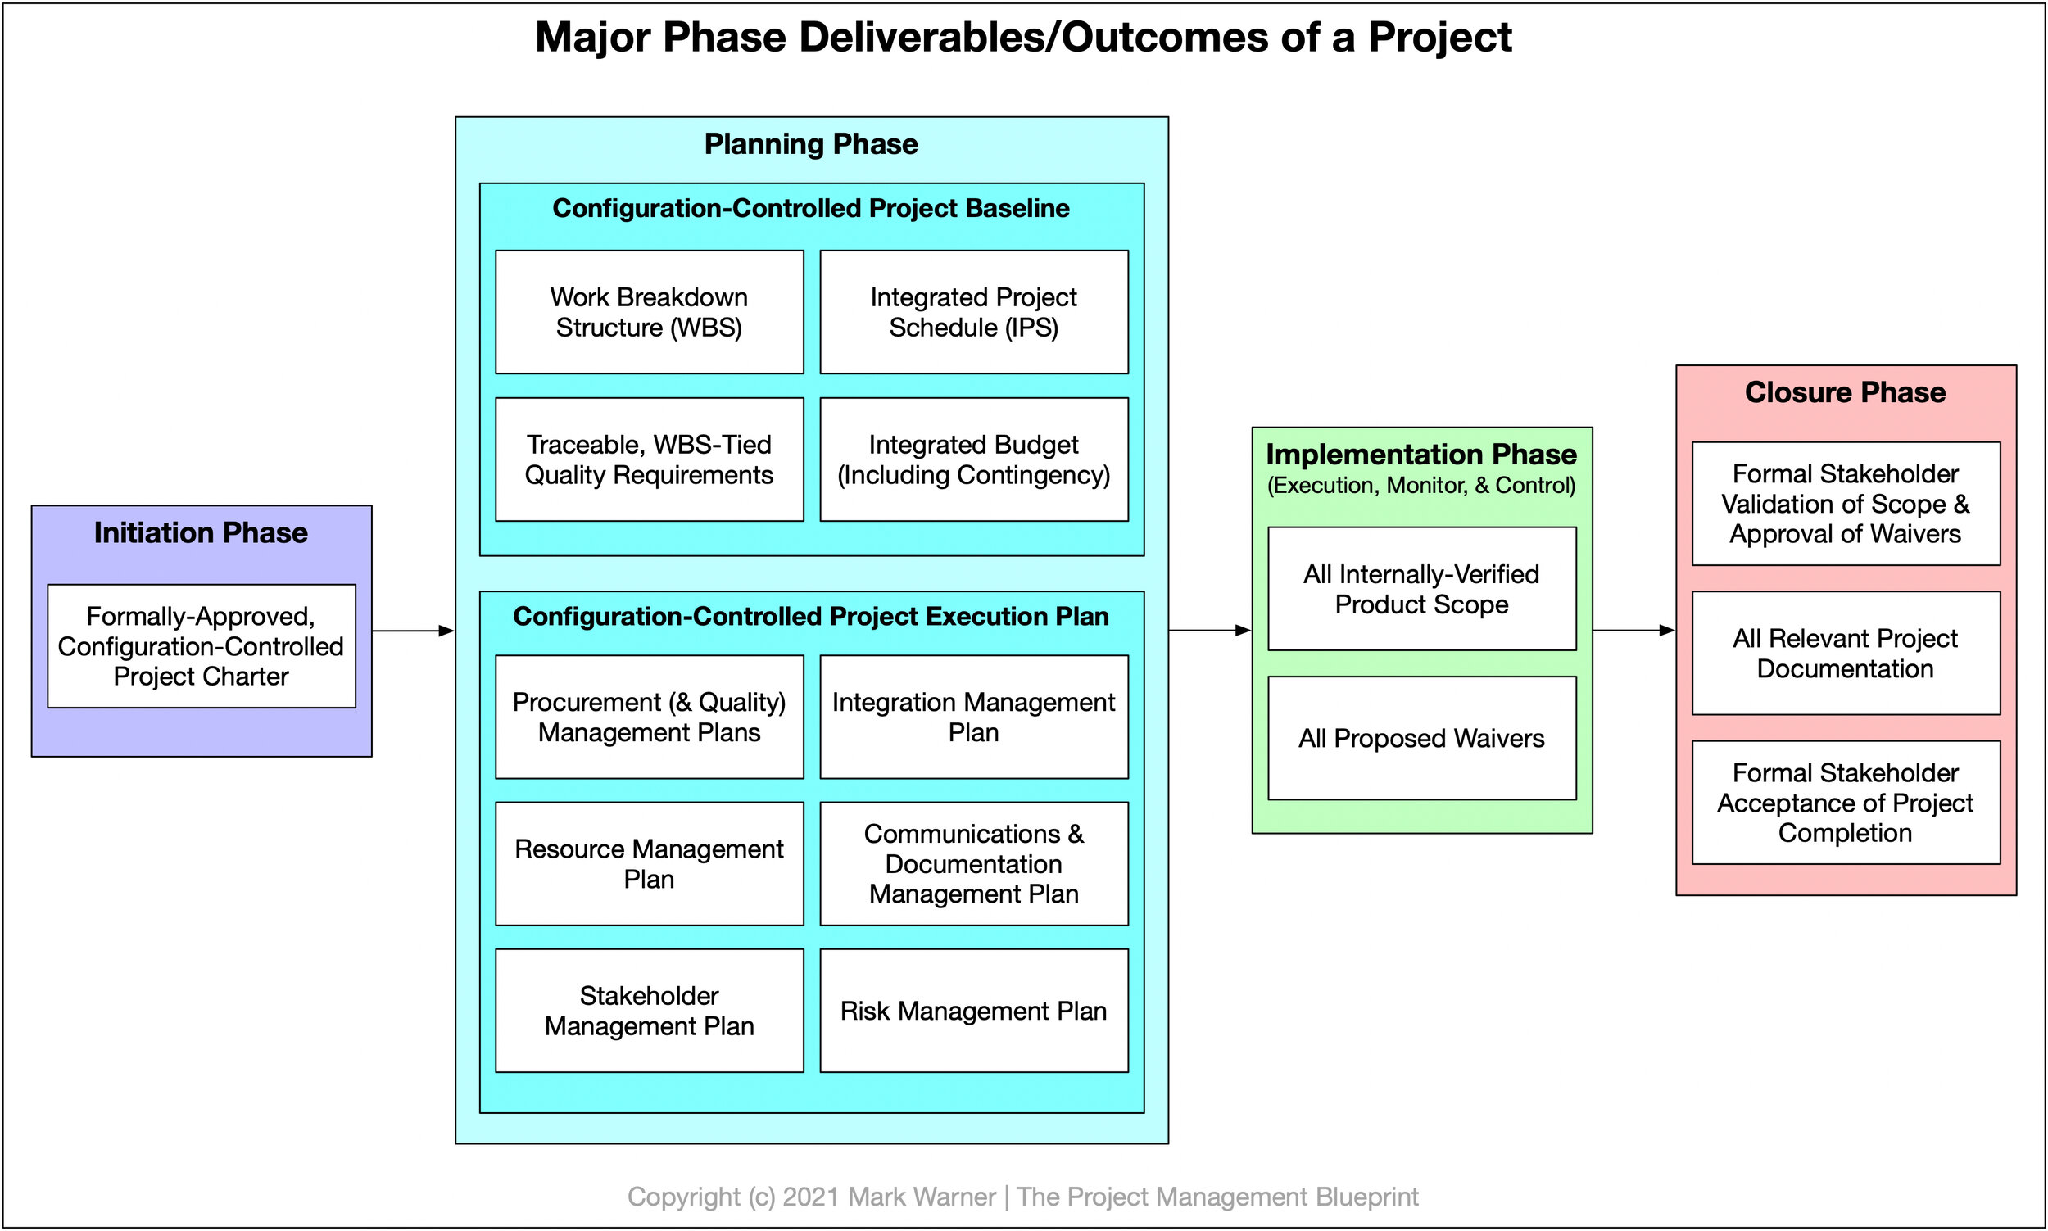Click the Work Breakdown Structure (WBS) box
click(649, 312)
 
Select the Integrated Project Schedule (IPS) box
click(973, 312)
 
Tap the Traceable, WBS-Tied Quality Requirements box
click(649, 459)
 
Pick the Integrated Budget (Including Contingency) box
click(973, 459)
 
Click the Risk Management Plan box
click(973, 1011)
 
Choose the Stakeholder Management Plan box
click(649, 1011)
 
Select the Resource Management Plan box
click(649, 863)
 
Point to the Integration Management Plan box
click(973, 717)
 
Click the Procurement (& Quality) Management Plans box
click(649, 717)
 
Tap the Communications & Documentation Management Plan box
click(973, 863)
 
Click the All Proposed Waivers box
click(1421, 738)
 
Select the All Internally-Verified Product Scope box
click(1421, 589)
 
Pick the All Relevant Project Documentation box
click(1845, 653)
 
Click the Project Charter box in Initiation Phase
click(201, 646)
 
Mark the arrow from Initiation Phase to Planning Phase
click(412, 631)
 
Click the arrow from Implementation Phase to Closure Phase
click(1633, 631)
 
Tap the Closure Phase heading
click(1845, 392)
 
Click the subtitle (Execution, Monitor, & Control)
click(1421, 485)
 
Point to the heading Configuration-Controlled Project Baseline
click(810, 208)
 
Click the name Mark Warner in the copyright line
click(921, 1196)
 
